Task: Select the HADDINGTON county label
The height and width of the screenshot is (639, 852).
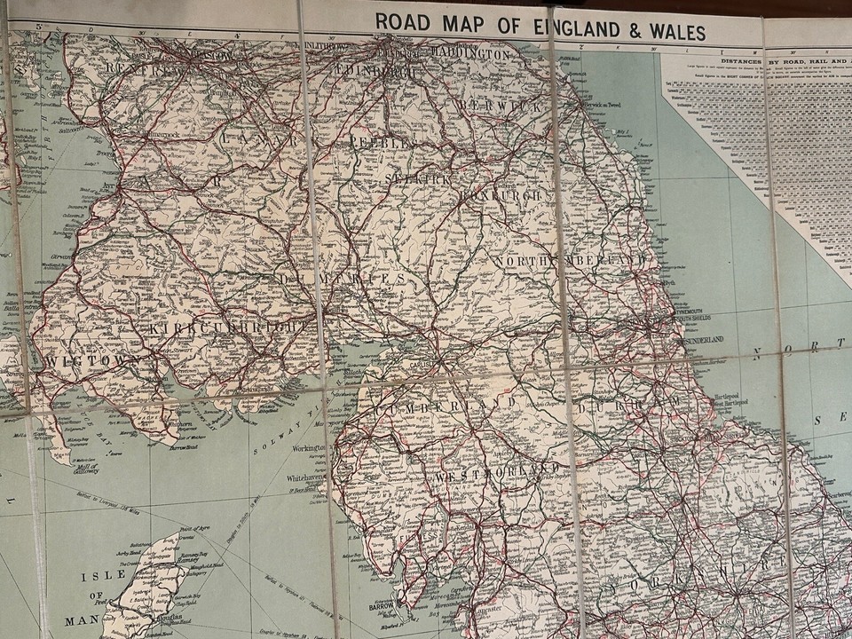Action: click(469, 54)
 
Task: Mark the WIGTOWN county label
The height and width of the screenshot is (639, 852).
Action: click(82, 360)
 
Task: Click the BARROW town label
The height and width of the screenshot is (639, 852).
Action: click(381, 607)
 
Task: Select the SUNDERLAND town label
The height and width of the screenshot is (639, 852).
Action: click(702, 339)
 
